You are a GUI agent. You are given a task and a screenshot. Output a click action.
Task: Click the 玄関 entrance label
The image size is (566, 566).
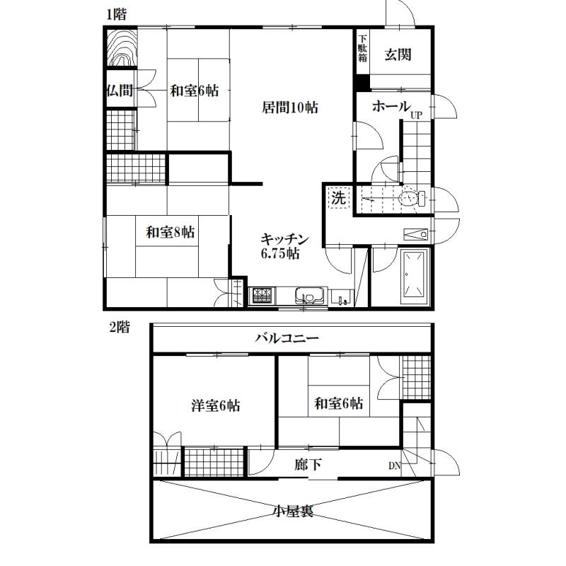click(398, 55)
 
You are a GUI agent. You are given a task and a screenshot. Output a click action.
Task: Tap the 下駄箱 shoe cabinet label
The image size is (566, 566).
click(362, 48)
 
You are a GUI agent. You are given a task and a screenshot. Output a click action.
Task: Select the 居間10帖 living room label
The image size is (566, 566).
click(290, 108)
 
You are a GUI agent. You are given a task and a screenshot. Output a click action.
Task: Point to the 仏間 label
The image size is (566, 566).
click(120, 90)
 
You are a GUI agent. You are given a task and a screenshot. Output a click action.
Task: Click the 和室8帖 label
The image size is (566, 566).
click(170, 232)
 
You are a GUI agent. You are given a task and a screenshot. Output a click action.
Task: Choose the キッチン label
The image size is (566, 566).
click(285, 239)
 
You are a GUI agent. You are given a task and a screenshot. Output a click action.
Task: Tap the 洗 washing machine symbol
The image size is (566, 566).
click(339, 197)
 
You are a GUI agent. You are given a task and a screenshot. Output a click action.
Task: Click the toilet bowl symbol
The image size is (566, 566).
click(412, 198)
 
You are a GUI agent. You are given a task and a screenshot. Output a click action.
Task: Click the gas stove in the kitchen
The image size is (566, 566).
click(263, 295)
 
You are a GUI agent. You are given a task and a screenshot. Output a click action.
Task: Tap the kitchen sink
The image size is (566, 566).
click(309, 296)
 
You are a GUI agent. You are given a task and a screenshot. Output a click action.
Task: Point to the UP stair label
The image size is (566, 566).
click(416, 115)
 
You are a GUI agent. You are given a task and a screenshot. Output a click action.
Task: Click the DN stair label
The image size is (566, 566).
click(395, 466)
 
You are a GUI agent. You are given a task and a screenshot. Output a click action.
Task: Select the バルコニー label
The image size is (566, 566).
click(287, 338)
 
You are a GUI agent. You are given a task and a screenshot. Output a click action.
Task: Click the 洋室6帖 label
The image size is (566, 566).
click(216, 405)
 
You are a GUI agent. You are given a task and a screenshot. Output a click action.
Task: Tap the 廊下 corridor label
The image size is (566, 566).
click(308, 465)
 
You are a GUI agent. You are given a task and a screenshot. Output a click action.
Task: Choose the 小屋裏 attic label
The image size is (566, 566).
click(293, 511)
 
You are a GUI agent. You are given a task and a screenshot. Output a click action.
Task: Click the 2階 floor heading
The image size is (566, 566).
click(119, 328)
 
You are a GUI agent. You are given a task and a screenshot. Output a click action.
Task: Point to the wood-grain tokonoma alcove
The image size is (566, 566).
click(122, 47)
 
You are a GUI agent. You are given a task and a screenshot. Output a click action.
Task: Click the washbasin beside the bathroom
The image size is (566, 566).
click(415, 234)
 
